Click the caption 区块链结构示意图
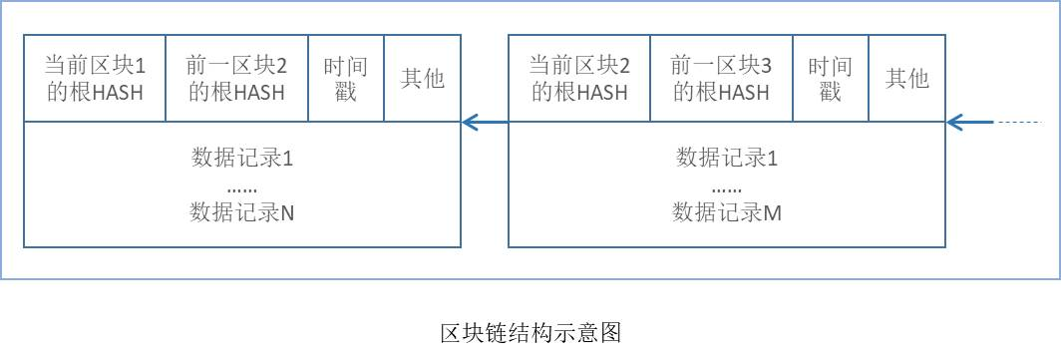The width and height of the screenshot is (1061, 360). point(530,332)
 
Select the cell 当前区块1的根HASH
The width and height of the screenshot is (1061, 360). point(95,79)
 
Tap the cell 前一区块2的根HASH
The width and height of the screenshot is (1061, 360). point(236,79)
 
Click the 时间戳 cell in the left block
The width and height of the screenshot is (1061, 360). point(345,79)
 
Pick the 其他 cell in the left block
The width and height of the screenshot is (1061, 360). point(422,79)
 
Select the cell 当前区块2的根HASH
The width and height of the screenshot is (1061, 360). point(579,79)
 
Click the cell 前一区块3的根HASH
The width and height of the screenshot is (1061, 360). point(721,79)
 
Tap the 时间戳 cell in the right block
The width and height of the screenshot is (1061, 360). point(830,79)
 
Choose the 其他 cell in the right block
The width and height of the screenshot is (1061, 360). point(906,79)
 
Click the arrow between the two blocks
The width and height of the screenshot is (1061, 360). point(485,123)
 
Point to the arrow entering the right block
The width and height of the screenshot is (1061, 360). point(969,123)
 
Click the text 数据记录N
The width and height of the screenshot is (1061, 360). point(242,211)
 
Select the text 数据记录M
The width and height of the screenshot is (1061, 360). point(727,211)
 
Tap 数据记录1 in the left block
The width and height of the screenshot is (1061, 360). point(242,158)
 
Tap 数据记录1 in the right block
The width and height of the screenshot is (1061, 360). point(727,158)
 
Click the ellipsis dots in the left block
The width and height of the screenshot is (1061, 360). point(242,187)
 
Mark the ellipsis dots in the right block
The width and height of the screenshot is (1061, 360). point(727,187)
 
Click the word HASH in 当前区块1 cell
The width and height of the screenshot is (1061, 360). point(118,93)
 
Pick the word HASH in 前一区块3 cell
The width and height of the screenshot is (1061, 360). point(744,93)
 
